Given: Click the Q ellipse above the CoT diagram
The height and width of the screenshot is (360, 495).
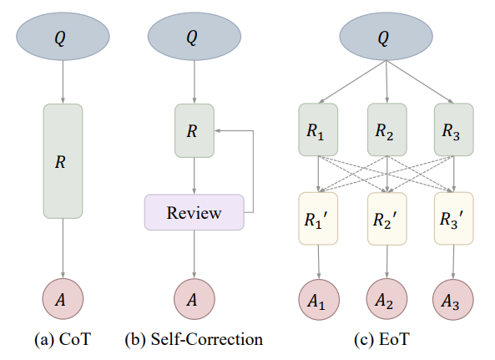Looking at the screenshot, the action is tap(63, 36).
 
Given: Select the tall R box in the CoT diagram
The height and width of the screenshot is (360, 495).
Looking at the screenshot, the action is tap(63, 161).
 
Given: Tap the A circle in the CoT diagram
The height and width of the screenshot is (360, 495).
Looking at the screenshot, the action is tap(63, 299).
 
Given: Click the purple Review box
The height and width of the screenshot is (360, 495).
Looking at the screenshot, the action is tap(194, 212).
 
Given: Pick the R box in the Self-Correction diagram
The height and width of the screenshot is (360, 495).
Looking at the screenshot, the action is tap(194, 130).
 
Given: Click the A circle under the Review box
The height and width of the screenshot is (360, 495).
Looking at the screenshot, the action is tap(194, 299).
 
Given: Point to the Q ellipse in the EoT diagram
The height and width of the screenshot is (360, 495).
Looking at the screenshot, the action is tap(386, 36).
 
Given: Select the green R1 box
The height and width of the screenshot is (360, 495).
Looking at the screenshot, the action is tap(318, 129).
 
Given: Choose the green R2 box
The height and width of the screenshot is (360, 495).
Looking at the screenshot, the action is tap(387, 129).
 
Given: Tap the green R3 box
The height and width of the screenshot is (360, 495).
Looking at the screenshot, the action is tap(454, 129).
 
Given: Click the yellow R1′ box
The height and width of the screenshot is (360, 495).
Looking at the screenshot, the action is tap(318, 219).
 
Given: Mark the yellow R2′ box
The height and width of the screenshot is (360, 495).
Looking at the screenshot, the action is tap(387, 219).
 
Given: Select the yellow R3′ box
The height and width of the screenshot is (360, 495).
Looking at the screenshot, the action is tap(454, 219).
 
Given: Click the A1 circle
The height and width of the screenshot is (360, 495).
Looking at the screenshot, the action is tap(319, 300).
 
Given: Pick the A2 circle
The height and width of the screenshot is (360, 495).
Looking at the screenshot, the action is tap(386, 299).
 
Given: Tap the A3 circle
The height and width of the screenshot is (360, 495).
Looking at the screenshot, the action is tap(453, 300).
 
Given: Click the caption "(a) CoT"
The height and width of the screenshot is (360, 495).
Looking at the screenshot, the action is tap(63, 339).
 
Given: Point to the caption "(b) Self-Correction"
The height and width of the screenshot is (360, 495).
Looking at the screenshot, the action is tap(194, 339).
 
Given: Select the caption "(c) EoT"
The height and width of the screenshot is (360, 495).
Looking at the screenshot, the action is tap(381, 339).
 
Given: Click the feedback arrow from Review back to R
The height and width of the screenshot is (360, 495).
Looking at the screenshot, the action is tap(253, 170).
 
